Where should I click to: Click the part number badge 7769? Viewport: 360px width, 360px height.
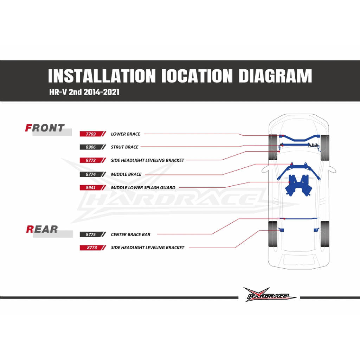click(92, 134)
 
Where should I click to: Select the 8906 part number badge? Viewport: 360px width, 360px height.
click(92, 147)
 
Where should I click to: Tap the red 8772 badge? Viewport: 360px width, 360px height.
click(92, 160)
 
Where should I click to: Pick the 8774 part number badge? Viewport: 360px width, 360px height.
click(92, 174)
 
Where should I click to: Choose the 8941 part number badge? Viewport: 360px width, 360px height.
click(92, 188)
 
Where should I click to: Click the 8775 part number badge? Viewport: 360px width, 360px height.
click(92, 234)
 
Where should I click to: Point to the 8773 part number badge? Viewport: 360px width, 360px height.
click(92, 248)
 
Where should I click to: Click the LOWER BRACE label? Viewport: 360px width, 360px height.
click(126, 134)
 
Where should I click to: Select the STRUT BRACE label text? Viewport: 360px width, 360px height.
click(125, 147)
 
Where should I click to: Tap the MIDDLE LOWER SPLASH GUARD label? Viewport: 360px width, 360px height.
click(143, 188)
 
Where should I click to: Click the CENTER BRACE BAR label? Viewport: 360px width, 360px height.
click(131, 234)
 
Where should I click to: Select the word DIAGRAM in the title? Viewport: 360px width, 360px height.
click(275, 76)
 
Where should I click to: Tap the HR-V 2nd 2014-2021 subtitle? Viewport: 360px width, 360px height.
click(84, 92)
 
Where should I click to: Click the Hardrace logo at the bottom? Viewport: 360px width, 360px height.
click(269, 295)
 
